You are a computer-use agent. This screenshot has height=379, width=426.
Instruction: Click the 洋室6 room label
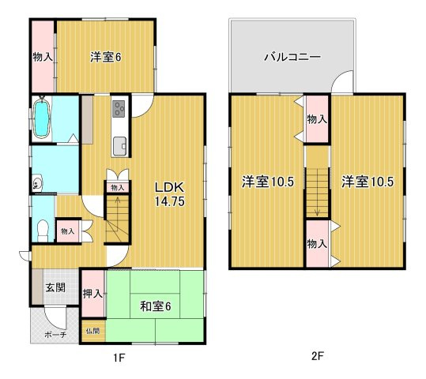click(104, 57)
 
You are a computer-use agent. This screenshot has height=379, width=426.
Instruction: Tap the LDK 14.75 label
click(168, 193)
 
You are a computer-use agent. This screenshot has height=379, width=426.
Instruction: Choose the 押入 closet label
click(92, 294)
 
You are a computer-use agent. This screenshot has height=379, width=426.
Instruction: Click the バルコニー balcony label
click(292, 58)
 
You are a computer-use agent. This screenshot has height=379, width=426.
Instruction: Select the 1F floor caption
click(119, 358)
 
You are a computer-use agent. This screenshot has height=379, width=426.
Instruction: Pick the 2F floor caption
click(316, 356)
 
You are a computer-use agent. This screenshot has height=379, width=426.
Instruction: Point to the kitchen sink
click(119, 145)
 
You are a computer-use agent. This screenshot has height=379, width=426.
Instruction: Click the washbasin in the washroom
click(37, 184)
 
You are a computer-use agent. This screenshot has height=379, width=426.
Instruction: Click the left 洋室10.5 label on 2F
click(267, 182)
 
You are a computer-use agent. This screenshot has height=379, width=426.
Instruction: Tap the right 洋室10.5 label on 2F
click(367, 182)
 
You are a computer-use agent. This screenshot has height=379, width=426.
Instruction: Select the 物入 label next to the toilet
click(67, 231)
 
